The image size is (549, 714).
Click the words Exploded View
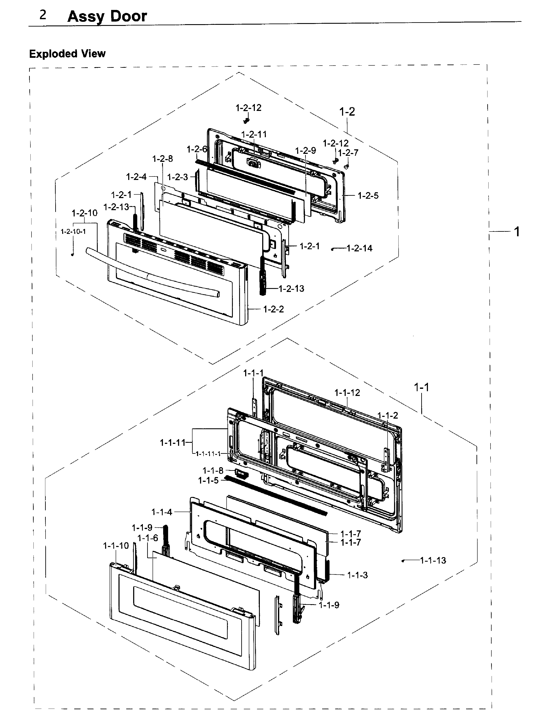point(67,54)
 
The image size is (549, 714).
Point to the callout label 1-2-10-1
point(73,231)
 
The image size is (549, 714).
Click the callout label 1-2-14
point(359,248)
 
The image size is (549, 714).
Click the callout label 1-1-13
point(433,560)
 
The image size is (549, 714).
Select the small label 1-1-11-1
point(208,454)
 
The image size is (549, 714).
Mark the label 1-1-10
point(116,545)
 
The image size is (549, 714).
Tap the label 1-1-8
point(213,471)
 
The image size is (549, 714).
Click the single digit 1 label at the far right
point(516,232)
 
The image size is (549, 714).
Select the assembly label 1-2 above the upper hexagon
point(347,112)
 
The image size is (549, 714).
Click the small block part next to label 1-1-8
point(241,473)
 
